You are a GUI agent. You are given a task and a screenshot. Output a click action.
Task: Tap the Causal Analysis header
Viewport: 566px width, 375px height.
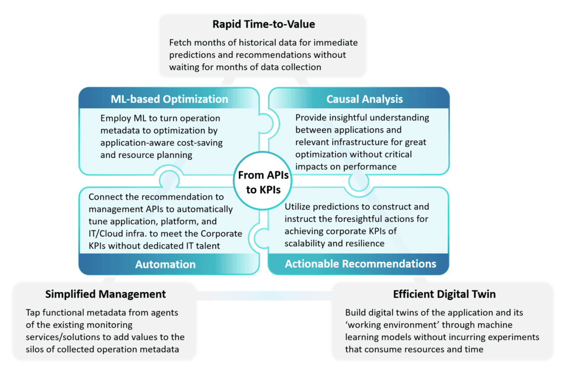point(364,99)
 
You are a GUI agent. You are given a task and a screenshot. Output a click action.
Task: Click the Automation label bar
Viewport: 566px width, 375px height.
point(165,265)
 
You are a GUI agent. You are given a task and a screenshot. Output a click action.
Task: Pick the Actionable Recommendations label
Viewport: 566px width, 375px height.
point(360,264)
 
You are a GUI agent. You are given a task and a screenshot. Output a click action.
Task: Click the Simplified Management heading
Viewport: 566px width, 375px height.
point(106,294)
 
